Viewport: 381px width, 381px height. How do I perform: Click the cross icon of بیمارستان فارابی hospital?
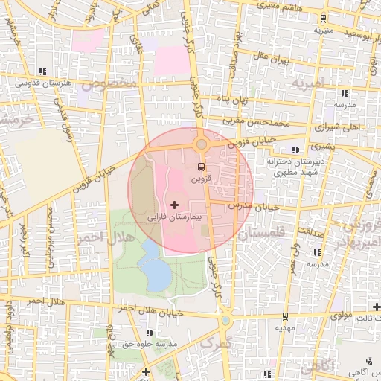(175, 204)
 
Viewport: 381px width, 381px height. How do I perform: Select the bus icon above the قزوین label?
(200, 167)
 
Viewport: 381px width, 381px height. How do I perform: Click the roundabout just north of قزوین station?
(201, 144)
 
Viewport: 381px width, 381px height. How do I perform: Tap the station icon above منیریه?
(323, 19)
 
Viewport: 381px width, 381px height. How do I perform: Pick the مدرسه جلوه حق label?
(165, 344)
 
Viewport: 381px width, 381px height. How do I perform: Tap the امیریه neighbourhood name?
(309, 83)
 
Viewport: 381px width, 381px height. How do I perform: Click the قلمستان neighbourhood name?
(264, 234)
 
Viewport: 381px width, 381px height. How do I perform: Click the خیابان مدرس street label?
(253, 205)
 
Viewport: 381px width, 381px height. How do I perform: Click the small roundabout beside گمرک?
(225, 320)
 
